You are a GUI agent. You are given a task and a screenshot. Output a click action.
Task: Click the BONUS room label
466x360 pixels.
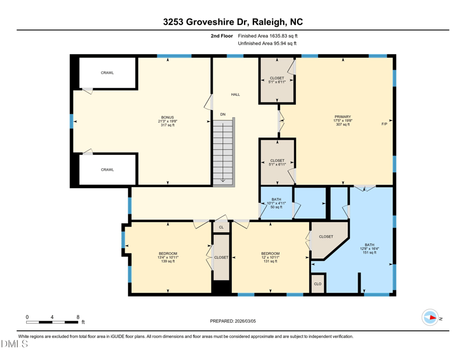168,118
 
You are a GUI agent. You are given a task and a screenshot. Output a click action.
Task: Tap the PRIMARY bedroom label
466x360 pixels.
343,117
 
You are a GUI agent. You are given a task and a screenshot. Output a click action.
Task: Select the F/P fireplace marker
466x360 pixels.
384,124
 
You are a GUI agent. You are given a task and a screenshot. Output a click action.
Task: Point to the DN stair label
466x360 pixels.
223,114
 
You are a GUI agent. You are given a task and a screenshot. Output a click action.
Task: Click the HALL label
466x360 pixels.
235,94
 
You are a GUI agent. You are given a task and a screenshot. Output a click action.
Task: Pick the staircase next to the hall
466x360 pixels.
224,152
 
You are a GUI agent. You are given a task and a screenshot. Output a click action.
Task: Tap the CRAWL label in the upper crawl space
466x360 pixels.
107,73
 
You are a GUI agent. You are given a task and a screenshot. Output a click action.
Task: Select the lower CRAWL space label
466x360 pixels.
107,170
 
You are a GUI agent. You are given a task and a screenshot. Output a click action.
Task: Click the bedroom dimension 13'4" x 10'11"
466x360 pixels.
168,257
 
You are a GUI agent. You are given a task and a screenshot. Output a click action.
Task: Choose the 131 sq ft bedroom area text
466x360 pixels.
270,262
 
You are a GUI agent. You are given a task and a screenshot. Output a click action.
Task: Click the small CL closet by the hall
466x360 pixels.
221,227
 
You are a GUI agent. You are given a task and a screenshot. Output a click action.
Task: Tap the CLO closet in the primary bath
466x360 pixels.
317,284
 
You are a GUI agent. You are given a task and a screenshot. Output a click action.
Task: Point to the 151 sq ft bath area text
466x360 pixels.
369,252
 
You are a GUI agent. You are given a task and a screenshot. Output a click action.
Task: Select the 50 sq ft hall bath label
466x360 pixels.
276,207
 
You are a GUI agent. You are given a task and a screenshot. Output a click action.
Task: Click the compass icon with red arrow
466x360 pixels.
430,318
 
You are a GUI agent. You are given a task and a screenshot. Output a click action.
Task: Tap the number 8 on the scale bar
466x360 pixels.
78,317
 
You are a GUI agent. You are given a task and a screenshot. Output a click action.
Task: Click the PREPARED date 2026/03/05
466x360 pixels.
245,321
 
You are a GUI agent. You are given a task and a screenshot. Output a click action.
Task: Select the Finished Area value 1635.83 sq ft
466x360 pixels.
283,36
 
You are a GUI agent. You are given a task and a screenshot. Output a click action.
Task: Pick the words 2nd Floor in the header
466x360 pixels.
222,36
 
